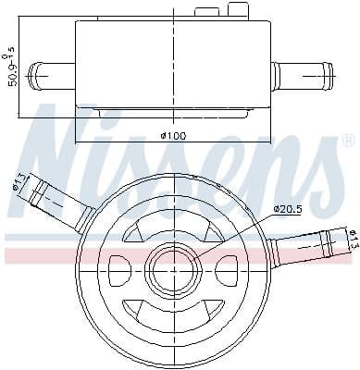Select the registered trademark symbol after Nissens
point(348,141)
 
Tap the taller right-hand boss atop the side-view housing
point(238,10)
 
